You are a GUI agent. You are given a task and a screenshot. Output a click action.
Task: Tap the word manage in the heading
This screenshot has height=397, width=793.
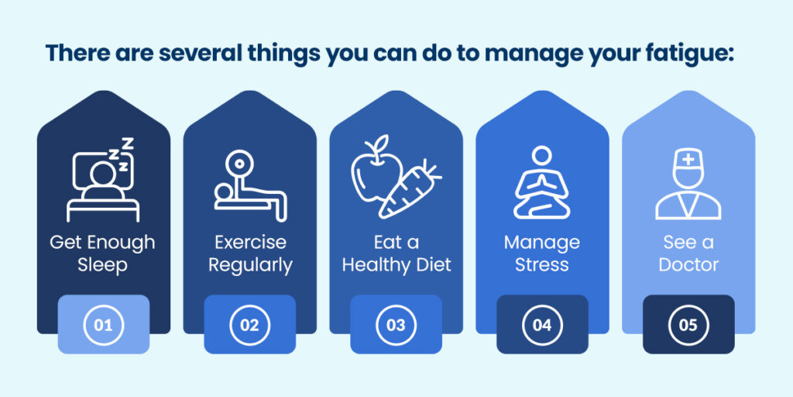tap(537, 54)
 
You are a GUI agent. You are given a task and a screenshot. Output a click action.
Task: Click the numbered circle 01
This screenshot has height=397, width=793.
tap(103, 325)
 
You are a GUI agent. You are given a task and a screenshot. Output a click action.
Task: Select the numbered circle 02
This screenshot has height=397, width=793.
tap(249, 325)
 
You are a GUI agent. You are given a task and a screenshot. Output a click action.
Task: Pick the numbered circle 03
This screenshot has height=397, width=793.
tap(396, 325)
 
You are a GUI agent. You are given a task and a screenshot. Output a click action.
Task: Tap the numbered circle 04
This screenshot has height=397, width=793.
tap(542, 325)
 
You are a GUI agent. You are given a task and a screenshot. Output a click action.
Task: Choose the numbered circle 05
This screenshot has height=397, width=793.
tap(688, 325)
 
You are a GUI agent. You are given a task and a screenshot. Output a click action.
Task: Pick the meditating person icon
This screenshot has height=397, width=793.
tap(542, 183)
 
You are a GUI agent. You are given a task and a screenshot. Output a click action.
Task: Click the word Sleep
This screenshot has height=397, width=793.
tap(103, 265)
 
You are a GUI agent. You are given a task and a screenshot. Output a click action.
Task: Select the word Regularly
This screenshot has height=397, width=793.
tap(249, 265)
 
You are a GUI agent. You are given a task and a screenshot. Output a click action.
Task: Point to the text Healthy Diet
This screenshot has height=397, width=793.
tap(396, 265)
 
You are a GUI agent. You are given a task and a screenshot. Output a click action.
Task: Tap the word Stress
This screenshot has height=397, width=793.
tap(542, 265)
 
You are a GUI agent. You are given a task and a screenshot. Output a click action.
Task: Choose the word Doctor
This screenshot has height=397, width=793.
tap(688, 265)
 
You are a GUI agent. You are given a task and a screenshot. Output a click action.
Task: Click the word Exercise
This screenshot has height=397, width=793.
tap(249, 243)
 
